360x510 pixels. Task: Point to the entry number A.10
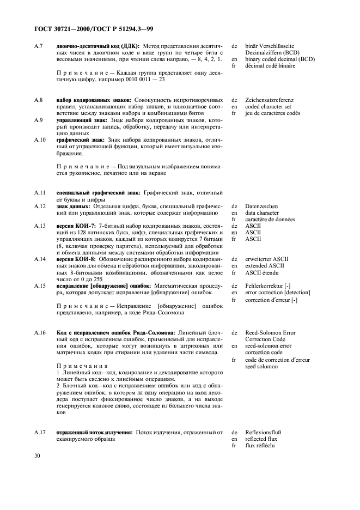click(39, 140)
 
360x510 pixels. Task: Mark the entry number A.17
click(39, 432)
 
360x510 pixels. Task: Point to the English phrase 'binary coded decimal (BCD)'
click(280, 59)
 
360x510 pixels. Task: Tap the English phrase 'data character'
click(263, 213)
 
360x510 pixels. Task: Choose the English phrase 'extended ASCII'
click(265, 265)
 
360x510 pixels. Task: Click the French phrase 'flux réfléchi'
click(260, 445)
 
